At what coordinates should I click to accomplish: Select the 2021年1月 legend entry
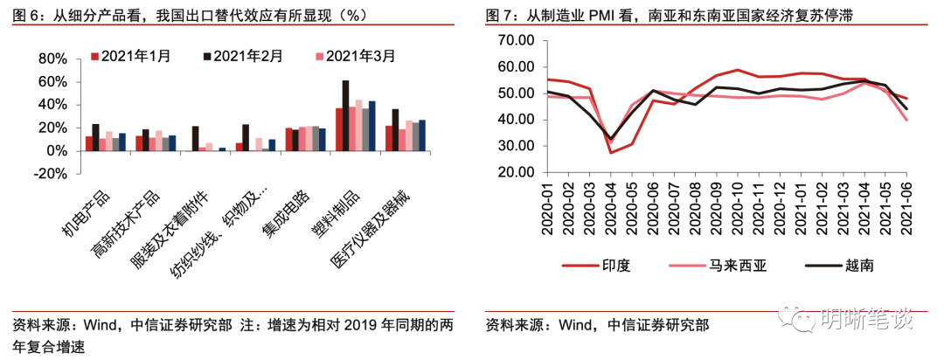coord(131,55)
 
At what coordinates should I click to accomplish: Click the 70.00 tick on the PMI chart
coord(515,40)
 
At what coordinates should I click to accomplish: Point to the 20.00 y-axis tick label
coord(515,172)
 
